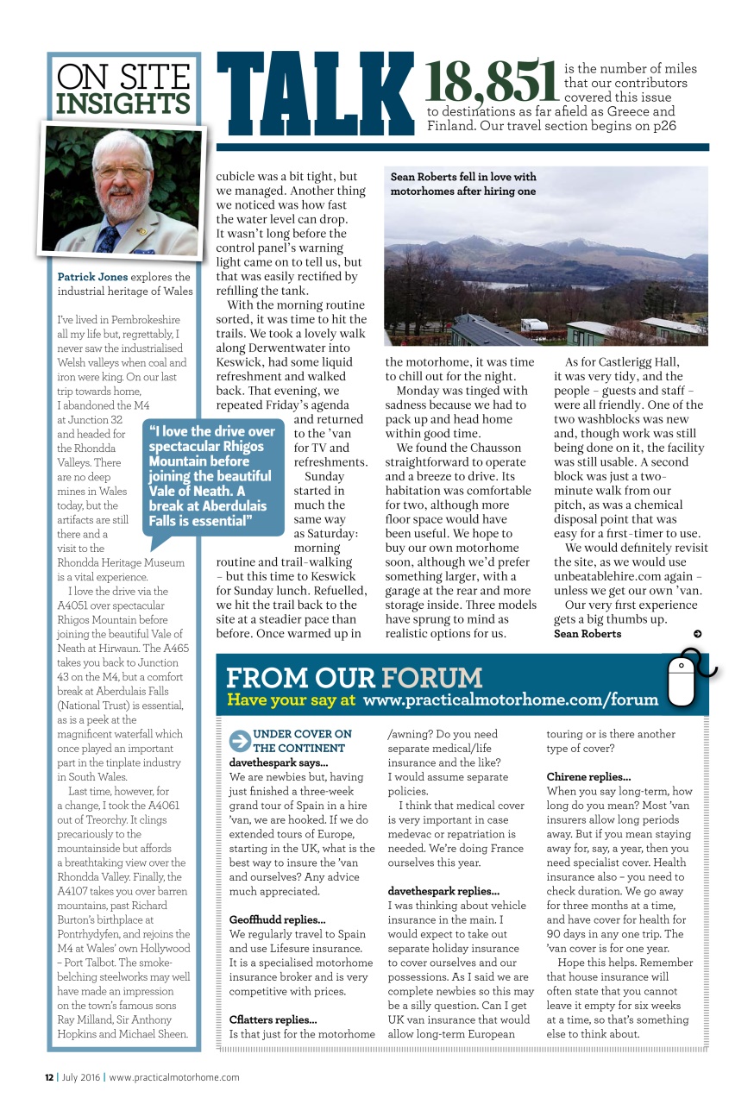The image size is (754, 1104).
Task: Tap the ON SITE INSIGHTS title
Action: click(x=123, y=90)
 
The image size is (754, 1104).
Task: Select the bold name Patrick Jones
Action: click(x=92, y=277)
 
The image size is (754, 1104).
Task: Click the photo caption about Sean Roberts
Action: click(x=463, y=184)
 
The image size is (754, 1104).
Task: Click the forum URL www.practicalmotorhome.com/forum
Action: click(x=511, y=700)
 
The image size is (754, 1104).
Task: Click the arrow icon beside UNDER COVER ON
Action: click(x=239, y=740)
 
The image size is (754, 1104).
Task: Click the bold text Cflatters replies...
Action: click(x=273, y=1019)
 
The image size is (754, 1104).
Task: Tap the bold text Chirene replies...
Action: click(x=588, y=777)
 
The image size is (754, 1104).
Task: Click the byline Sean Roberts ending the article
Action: click(x=587, y=634)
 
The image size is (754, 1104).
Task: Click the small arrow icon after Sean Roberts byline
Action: click(x=697, y=634)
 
